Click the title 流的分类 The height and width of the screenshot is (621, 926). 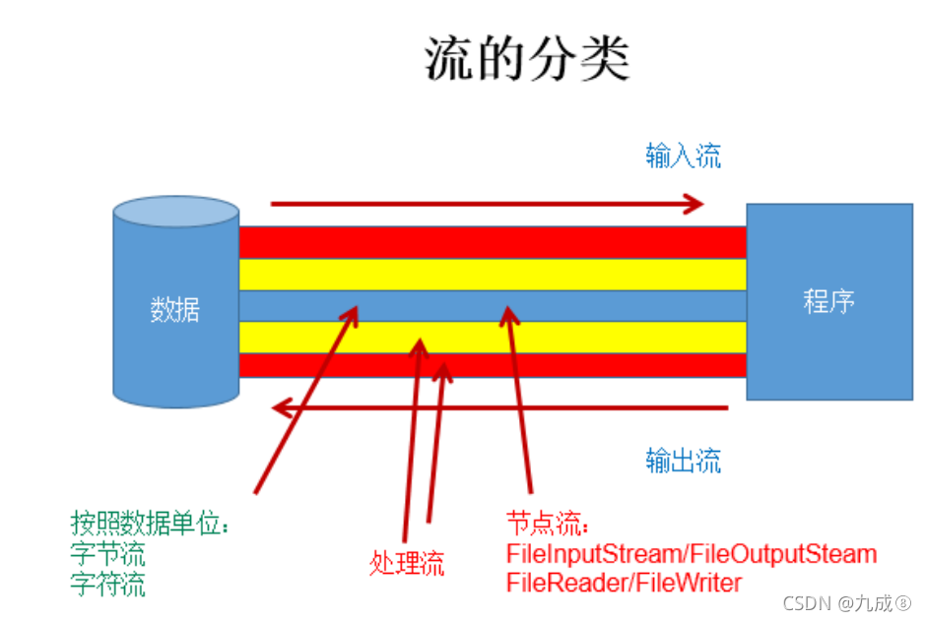point(527,59)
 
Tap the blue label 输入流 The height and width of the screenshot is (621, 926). point(683,155)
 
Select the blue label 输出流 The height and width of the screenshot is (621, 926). point(683,460)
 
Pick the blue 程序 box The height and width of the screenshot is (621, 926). point(828,300)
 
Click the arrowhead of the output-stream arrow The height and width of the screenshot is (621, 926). point(280,405)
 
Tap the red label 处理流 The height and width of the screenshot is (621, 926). point(407,564)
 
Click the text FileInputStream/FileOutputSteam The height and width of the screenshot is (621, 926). point(691,553)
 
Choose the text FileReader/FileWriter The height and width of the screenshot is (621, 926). point(624,583)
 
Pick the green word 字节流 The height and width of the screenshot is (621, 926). point(108,553)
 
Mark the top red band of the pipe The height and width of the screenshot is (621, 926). point(493,242)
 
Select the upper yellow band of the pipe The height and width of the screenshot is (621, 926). point(493,274)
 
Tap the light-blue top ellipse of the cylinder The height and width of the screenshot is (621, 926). point(175,211)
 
